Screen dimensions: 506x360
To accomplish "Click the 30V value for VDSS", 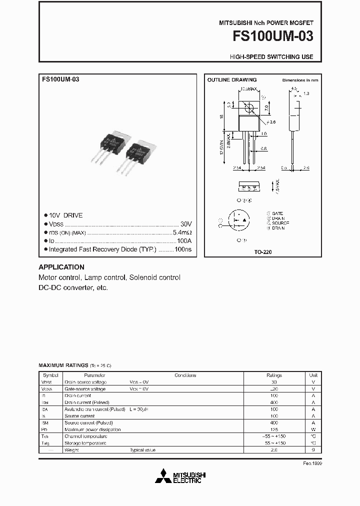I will [x=185, y=223].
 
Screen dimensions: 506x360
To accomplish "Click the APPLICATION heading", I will [x=61, y=267].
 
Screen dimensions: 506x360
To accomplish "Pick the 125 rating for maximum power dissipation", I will [x=274, y=429].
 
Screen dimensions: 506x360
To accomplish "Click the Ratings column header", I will [x=274, y=375].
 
